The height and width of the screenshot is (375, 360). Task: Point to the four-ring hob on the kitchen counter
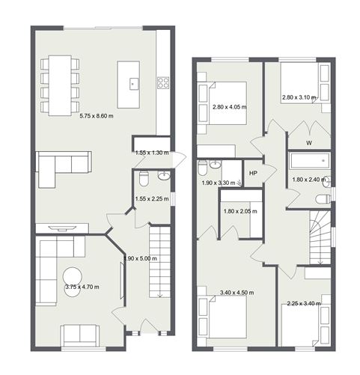163,82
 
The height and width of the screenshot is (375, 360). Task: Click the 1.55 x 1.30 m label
152,152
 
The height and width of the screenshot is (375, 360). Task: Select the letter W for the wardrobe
309,142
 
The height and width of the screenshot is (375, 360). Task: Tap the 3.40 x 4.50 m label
235,293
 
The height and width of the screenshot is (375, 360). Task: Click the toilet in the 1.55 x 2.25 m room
144,179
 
